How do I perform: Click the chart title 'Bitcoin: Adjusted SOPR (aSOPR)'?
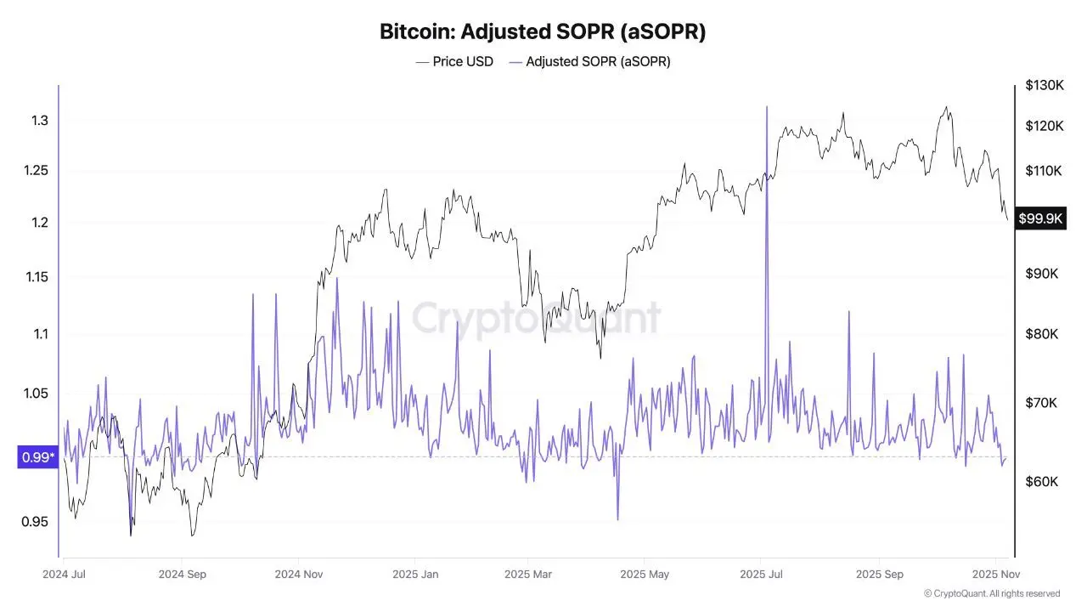click(543, 32)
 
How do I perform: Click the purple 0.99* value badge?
click(38, 458)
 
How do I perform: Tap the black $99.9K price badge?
click(1041, 218)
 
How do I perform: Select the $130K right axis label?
click(1044, 85)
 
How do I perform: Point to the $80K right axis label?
click(1041, 333)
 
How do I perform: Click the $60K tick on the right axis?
click(1041, 481)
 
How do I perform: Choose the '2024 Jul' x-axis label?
click(64, 574)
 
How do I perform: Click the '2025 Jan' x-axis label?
click(415, 574)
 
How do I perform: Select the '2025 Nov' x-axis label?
click(995, 574)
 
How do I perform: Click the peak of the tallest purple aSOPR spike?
click(767, 107)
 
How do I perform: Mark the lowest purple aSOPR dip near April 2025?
click(617, 519)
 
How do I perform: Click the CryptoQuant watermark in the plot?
click(536, 317)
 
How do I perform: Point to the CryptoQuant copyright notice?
click(991, 593)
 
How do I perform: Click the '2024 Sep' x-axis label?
click(183, 574)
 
